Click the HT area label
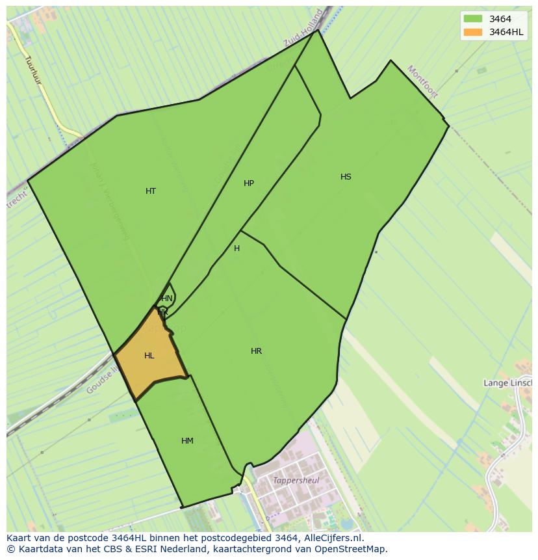151,191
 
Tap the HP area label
249,183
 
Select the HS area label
346,177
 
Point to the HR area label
257,351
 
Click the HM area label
187,441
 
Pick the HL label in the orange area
149,356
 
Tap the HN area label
167,299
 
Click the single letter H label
237,248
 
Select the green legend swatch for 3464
473,19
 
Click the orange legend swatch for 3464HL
473,32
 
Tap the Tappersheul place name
296,481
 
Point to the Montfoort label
422,81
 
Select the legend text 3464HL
507,32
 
